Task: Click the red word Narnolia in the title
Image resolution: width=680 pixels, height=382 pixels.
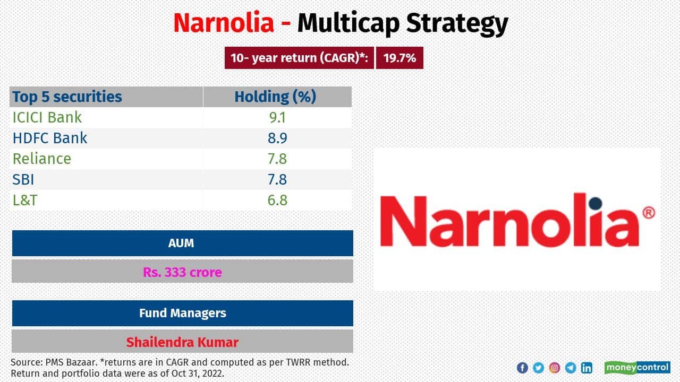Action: tap(224, 23)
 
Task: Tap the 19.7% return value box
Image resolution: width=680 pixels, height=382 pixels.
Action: tap(399, 58)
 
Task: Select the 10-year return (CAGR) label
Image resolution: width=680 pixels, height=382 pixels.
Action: tap(300, 58)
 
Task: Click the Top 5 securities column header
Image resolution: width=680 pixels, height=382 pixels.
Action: tap(67, 97)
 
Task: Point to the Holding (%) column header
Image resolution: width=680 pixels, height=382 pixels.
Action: tap(275, 97)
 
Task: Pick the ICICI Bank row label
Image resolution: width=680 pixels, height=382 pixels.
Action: tap(47, 117)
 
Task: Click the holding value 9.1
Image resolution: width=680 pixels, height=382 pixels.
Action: tap(277, 117)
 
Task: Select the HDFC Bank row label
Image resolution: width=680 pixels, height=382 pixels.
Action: tap(49, 138)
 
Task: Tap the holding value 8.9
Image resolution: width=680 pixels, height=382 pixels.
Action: tap(277, 138)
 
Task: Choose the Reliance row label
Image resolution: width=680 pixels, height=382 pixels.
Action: tap(41, 159)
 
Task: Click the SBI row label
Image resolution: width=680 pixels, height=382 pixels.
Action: tap(23, 179)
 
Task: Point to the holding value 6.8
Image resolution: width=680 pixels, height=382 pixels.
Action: tap(277, 200)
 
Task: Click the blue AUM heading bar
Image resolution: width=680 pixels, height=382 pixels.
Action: tap(182, 243)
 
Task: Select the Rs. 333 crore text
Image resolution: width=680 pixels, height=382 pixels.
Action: tap(182, 272)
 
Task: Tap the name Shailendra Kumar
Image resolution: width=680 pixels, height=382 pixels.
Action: tap(182, 342)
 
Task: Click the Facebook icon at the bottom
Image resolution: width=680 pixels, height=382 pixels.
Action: tap(522, 368)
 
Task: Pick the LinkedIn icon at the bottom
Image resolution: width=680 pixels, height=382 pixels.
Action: tap(586, 368)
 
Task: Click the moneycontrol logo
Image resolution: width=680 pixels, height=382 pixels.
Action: tap(637, 368)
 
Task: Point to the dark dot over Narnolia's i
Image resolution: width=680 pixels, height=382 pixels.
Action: tap(595, 203)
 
